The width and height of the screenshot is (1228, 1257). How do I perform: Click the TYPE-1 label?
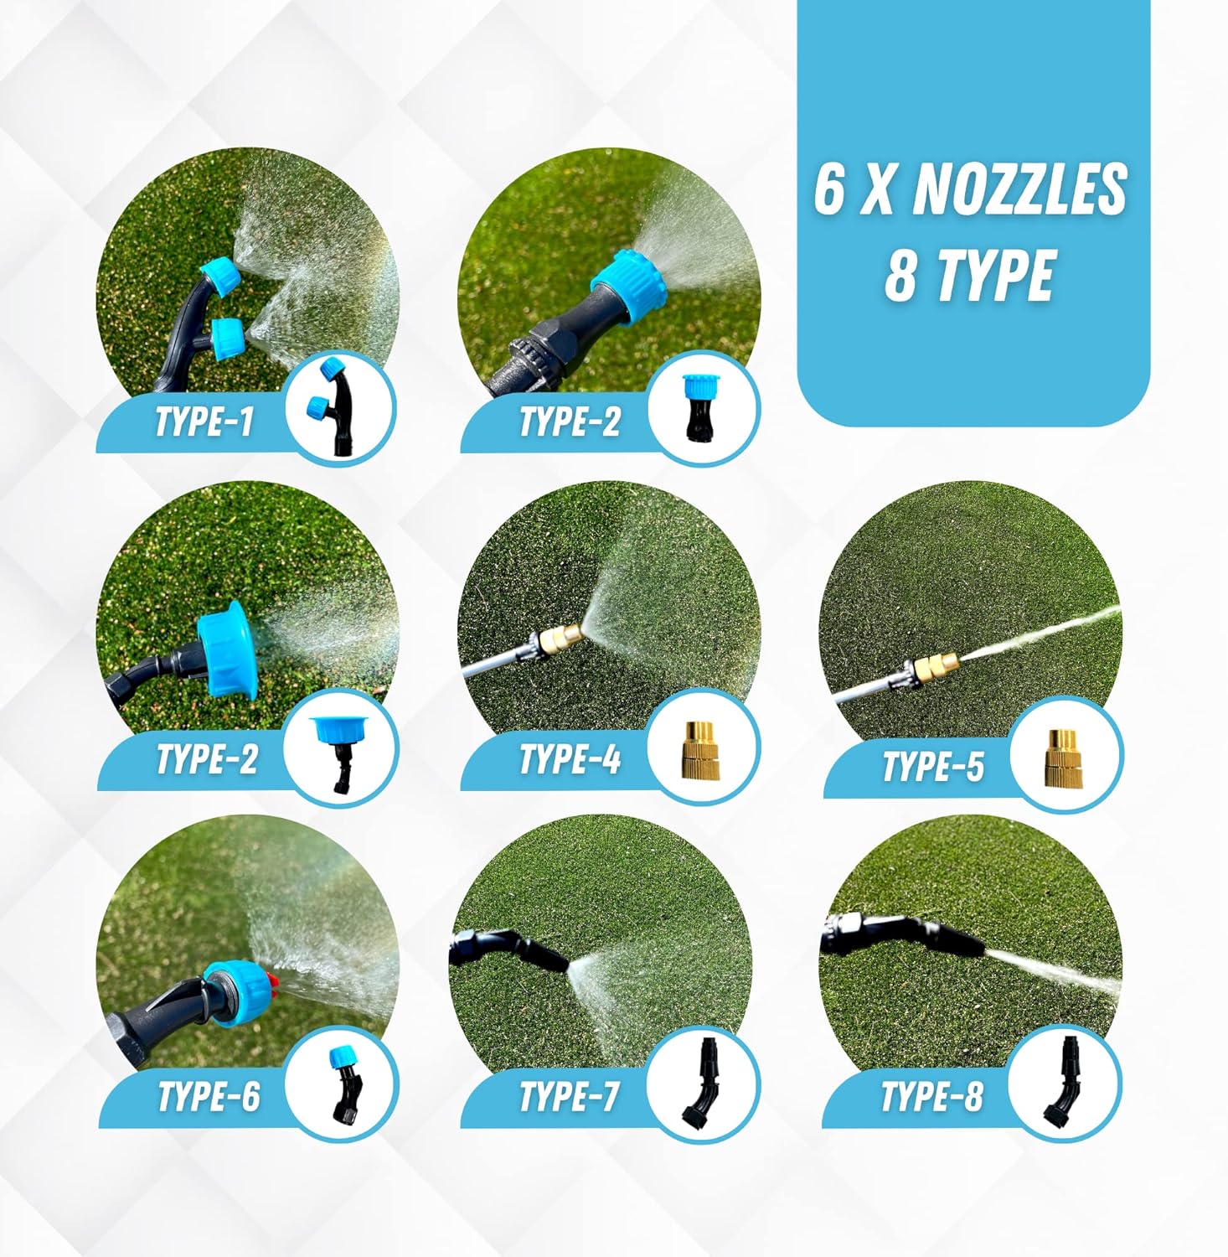[204, 421]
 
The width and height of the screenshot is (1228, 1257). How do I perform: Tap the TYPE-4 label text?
[570, 759]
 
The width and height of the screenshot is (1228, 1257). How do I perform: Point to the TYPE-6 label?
[209, 1096]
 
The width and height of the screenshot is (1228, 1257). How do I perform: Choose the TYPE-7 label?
[570, 1096]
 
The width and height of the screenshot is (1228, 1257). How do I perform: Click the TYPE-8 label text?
[931, 1096]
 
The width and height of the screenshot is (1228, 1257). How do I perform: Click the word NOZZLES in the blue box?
[1019, 189]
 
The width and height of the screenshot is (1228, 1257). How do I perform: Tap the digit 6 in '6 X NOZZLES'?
[828, 189]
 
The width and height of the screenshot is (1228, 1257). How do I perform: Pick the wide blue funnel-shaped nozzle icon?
[338, 732]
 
